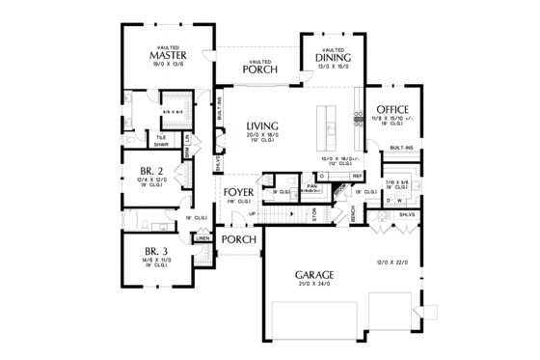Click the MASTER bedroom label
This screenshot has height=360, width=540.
pyautogui.click(x=167, y=55)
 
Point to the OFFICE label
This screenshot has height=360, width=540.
pyautogui.click(x=393, y=109)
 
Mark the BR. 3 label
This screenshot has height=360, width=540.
pyautogui.click(x=140, y=250)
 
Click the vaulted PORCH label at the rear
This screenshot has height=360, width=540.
pyautogui.click(x=260, y=69)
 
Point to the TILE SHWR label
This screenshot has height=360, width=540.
pyautogui.click(x=163, y=141)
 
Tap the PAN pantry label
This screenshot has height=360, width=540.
pyautogui.click(x=312, y=185)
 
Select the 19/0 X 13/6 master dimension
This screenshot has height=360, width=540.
pyautogui.click(x=167, y=65)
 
